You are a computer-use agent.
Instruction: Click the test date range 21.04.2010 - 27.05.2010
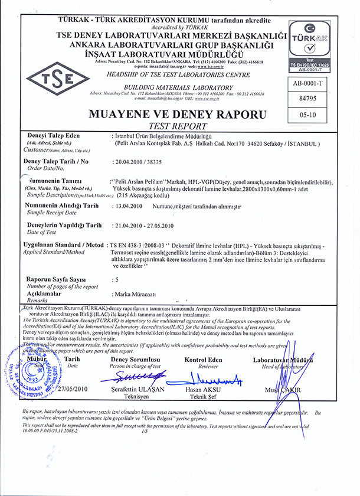pyautogui.click(x=144, y=226)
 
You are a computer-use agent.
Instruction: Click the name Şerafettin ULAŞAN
pyautogui.click(x=139, y=391)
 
